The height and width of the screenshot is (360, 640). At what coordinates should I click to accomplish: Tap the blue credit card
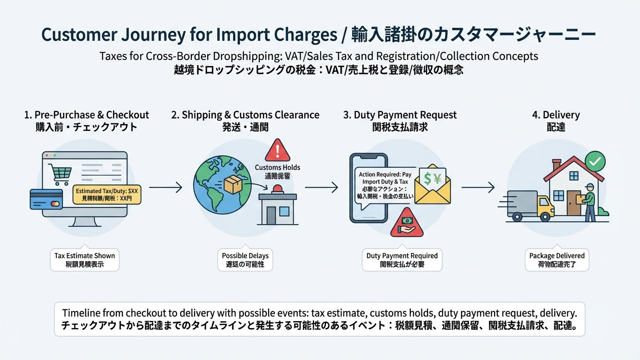[x=46, y=199]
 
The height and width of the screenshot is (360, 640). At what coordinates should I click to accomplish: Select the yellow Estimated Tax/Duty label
[x=107, y=195]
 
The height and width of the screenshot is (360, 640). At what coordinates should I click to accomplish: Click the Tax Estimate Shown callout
[x=84, y=260]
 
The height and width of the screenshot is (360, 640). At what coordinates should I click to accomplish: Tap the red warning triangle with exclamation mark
[x=278, y=150]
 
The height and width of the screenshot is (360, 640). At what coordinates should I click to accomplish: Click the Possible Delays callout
[x=245, y=260]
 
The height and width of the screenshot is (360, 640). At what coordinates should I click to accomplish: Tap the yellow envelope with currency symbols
[x=432, y=187]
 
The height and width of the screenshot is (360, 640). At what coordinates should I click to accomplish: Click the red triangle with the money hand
[x=407, y=223]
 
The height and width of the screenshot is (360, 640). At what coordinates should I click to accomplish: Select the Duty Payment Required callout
[x=402, y=260]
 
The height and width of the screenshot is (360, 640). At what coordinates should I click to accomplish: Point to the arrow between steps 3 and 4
[x=478, y=187]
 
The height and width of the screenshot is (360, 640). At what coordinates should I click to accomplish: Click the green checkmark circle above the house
[x=595, y=162]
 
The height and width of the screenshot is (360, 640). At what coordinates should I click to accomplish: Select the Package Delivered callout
[x=557, y=260]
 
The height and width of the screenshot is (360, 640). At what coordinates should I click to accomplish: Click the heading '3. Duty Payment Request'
[x=399, y=115]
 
